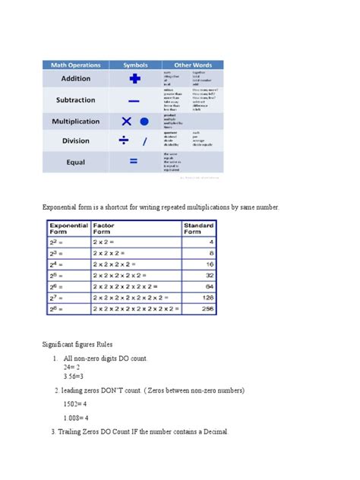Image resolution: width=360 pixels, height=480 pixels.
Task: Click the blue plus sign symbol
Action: [x=135, y=78]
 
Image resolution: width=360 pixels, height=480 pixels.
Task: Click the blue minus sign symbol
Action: [x=134, y=100]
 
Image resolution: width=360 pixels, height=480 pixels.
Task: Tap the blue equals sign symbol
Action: [x=134, y=161]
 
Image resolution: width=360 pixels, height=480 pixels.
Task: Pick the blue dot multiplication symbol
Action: [x=144, y=121]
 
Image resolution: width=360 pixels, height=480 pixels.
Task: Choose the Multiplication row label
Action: [x=75, y=121]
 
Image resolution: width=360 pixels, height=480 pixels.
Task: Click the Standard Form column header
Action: [x=200, y=229]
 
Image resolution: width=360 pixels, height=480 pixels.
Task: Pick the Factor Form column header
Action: [x=104, y=229]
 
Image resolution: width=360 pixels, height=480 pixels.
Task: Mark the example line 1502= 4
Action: [x=77, y=404]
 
